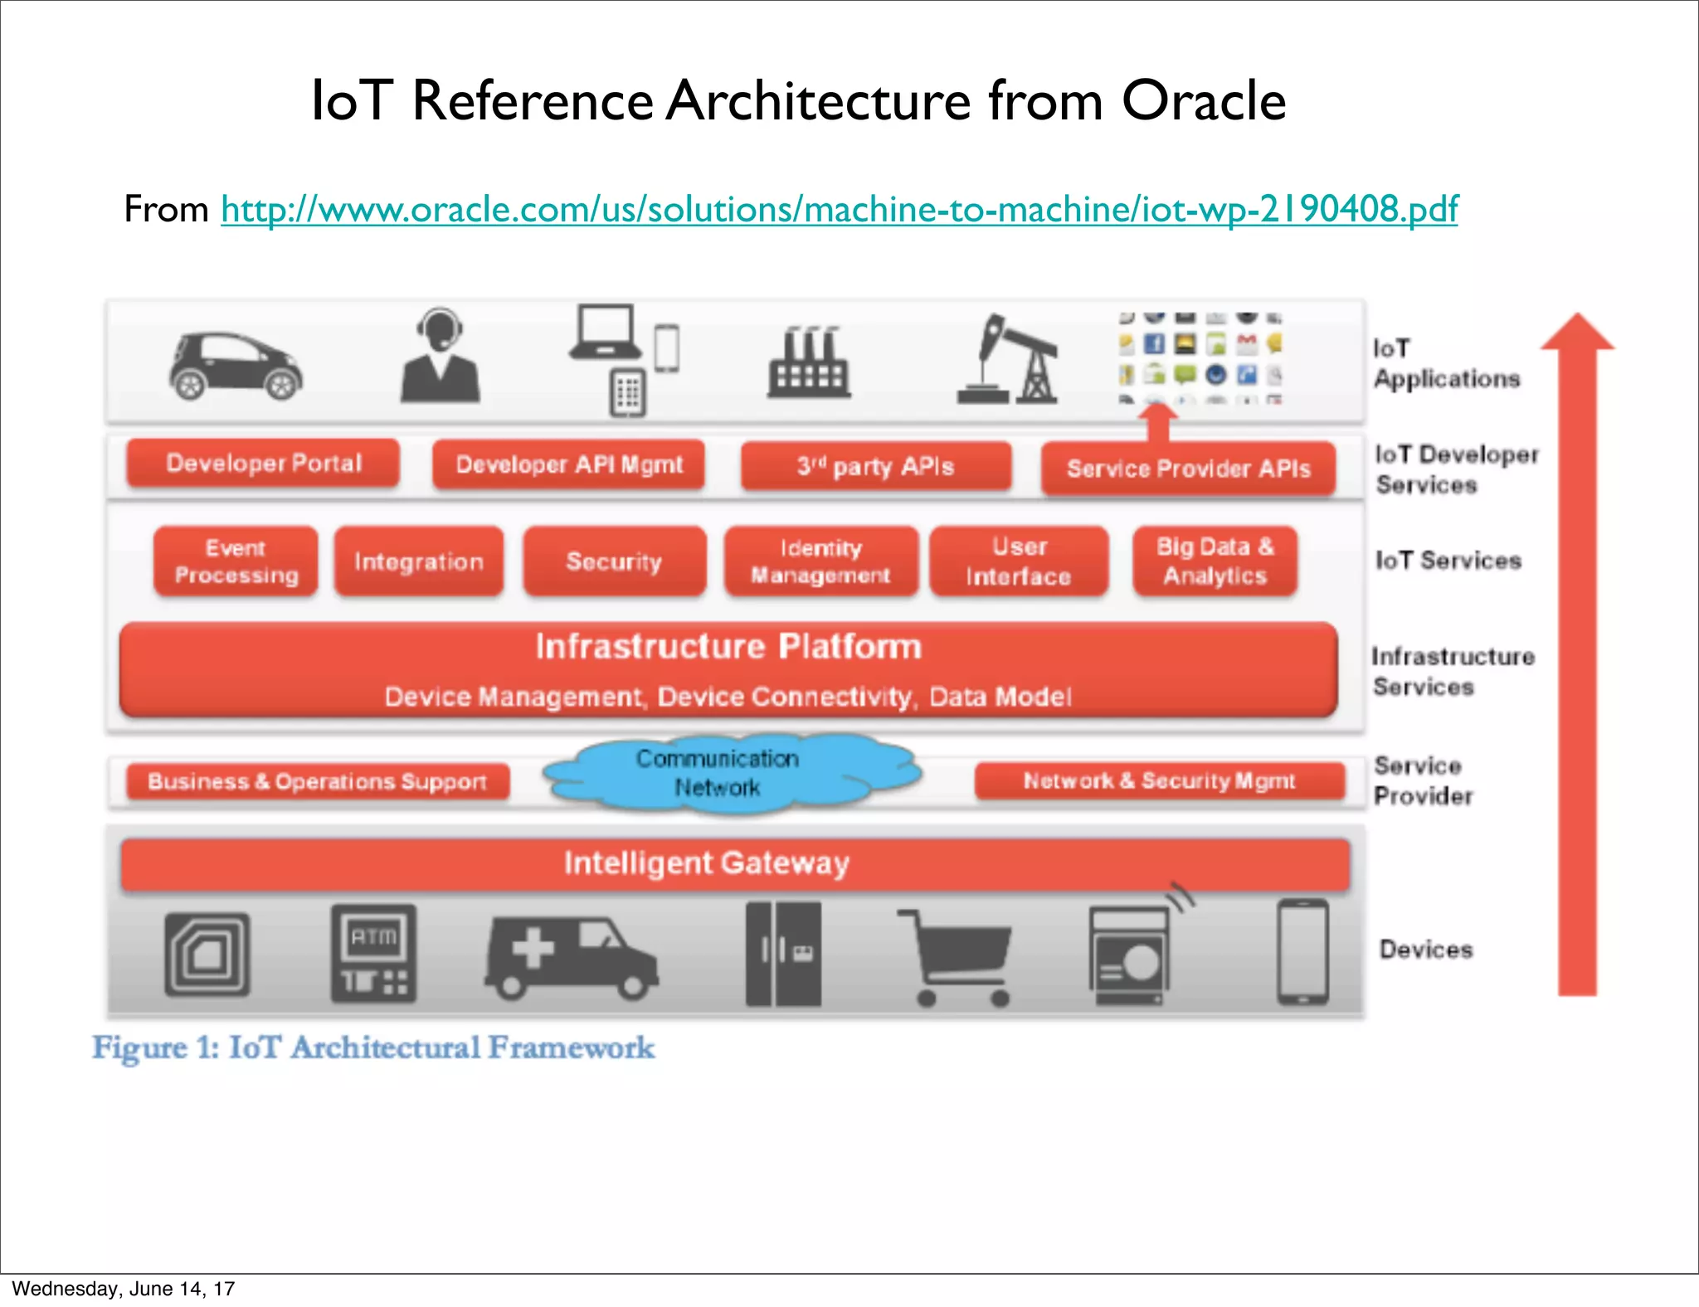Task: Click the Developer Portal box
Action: [263, 463]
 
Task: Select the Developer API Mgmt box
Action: [569, 464]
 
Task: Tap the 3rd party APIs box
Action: [876, 466]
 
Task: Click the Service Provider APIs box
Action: [1188, 469]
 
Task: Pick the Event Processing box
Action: [236, 561]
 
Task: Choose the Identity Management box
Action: [820, 561]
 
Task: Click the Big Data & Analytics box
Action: [1215, 561]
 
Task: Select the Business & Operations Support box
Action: [317, 781]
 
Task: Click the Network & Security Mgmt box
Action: [1159, 780]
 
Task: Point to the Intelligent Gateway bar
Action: [735, 863]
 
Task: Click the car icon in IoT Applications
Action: [236, 366]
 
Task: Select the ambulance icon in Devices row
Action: [571, 956]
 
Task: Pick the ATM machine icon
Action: [373, 954]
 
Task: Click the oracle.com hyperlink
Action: [839, 209]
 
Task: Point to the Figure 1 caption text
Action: [373, 1047]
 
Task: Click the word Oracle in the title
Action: [1204, 101]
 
